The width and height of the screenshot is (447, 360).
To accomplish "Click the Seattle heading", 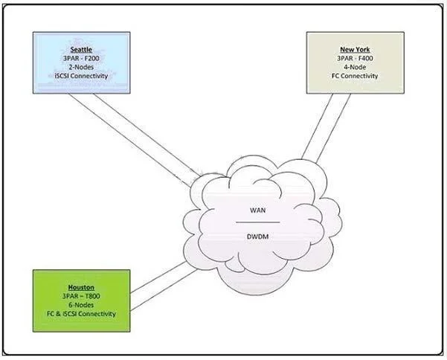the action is click(81, 50).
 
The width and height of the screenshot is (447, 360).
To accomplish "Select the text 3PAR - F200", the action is click(81, 59).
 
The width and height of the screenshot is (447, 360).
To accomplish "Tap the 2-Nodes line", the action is click(81, 67).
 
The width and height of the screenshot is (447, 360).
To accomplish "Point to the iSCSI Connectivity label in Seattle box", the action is click(81, 76).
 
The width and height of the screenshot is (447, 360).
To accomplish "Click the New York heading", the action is click(355, 49).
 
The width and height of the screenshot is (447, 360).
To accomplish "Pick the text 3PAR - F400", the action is click(355, 58).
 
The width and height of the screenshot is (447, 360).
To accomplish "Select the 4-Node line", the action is click(355, 67).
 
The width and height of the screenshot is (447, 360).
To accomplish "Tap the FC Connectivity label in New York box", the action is click(355, 76).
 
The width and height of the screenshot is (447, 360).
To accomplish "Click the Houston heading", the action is click(81, 287).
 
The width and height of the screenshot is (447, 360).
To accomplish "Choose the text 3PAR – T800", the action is click(81, 296).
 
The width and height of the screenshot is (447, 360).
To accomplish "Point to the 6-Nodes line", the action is click(81, 305).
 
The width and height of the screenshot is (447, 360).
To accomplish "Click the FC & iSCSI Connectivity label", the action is click(81, 314).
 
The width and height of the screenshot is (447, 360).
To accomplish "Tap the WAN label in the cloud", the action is click(257, 210).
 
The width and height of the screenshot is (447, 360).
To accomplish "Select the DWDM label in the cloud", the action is click(257, 237).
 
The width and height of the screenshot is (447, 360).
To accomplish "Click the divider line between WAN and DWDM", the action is click(257, 222).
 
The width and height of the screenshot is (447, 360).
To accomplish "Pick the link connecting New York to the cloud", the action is click(326, 128).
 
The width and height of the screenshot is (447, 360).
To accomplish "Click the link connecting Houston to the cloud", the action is click(164, 286).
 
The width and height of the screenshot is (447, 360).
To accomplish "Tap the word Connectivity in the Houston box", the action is click(97, 314).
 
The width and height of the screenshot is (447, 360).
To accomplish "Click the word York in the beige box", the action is click(363, 49).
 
